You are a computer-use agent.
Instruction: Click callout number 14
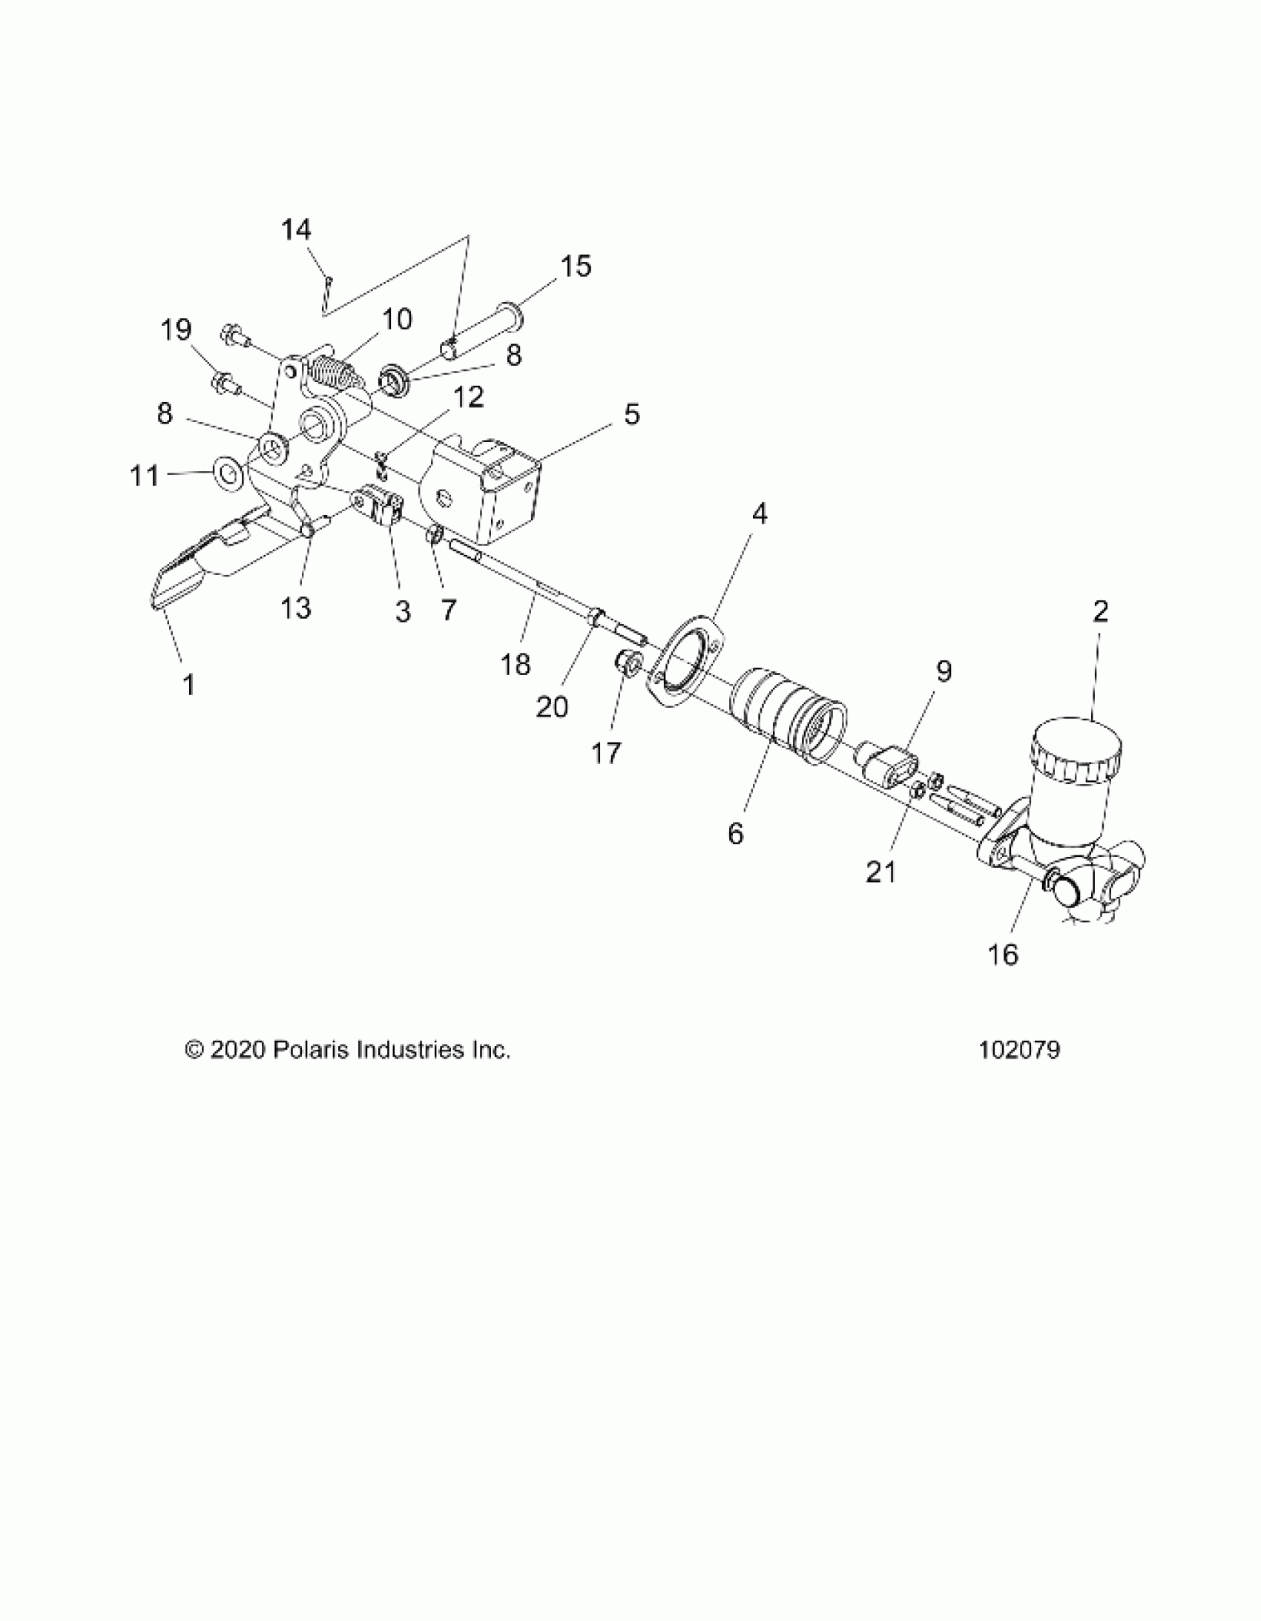click(x=296, y=230)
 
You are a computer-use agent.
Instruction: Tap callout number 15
click(x=576, y=266)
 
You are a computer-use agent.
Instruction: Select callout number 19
click(x=176, y=329)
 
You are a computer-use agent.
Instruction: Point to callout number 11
click(x=145, y=475)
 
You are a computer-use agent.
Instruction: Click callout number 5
click(x=631, y=414)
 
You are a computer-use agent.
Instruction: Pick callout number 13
click(x=295, y=608)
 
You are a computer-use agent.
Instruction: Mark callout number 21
click(x=881, y=872)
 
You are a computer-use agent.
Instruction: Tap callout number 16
click(x=1004, y=955)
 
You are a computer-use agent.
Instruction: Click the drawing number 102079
click(x=1020, y=1050)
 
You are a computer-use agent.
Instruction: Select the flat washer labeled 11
click(x=227, y=472)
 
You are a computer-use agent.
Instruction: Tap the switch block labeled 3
click(x=382, y=505)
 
